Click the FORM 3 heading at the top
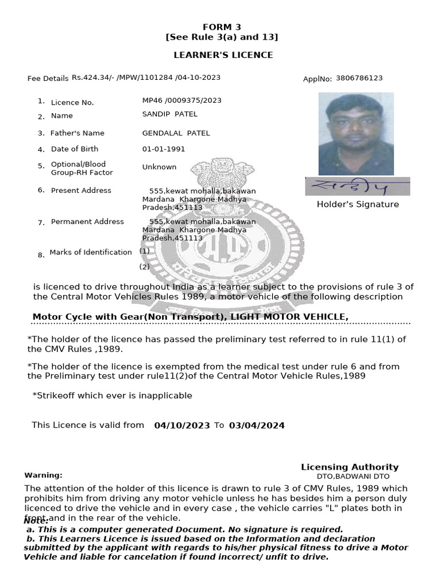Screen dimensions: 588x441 pyautogui.click(x=222, y=27)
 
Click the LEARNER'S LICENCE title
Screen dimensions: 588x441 pyautogui.click(x=223, y=55)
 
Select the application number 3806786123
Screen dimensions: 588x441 pyautogui.click(x=359, y=78)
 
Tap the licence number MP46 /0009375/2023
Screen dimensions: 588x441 pyautogui.click(x=181, y=100)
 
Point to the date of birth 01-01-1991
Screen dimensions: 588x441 pyautogui.click(x=164, y=149)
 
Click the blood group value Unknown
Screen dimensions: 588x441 pyautogui.click(x=159, y=167)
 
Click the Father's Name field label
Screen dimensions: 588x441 pyautogui.click(x=78, y=133)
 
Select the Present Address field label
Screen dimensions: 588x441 pyautogui.click(x=81, y=191)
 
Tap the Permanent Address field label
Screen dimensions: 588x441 pyautogui.click(x=87, y=222)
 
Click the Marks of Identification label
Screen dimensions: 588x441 pyautogui.click(x=91, y=252)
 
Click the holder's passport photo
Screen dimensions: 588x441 pyautogui.click(x=356, y=134)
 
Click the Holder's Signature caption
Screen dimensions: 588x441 pyautogui.click(x=357, y=204)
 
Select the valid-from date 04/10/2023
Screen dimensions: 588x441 pyautogui.click(x=182, y=425)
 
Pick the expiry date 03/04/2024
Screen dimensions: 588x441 pyautogui.click(x=256, y=425)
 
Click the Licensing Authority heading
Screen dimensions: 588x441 pyautogui.click(x=350, y=467)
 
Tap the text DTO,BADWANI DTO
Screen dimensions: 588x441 pyautogui.click(x=353, y=477)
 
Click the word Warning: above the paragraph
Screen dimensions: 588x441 pyautogui.click(x=43, y=475)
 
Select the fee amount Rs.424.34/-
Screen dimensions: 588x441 pyautogui.click(x=92, y=78)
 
